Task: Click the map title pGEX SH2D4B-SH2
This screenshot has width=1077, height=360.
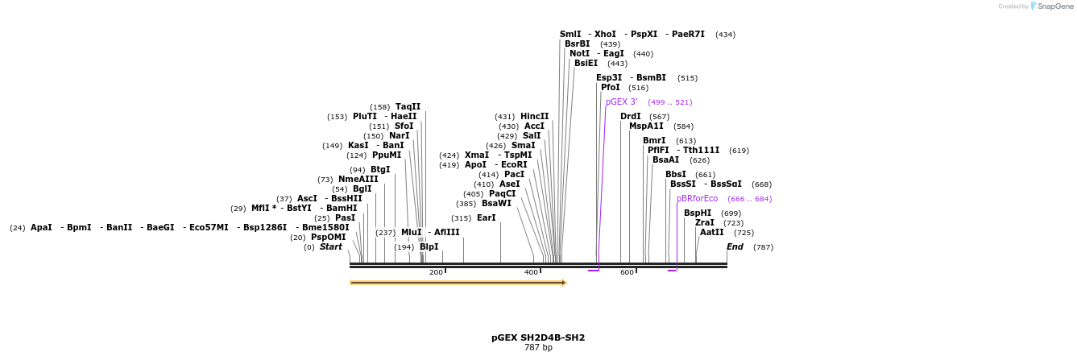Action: [538, 337]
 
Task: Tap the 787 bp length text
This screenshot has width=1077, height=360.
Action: [538, 348]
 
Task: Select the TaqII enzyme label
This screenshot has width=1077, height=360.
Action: [408, 106]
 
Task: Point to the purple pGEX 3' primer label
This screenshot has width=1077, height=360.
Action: [622, 102]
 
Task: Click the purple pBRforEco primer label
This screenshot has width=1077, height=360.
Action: [697, 198]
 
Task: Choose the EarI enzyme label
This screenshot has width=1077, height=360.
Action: [487, 217]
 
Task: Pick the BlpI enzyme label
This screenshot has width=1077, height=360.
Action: [429, 246]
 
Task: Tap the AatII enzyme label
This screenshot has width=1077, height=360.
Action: [711, 232]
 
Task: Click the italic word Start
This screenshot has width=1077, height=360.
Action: [330, 246]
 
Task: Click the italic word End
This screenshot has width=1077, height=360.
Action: [735, 246]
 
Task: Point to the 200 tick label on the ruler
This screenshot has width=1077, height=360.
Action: [436, 272]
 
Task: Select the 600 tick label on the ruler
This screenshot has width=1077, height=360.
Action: [627, 272]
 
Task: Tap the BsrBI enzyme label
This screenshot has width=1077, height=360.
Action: [577, 43]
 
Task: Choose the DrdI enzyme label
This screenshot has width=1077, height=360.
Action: [630, 116]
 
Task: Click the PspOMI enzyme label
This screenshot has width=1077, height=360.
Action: [328, 237]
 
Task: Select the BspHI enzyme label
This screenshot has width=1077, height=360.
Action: [697, 213]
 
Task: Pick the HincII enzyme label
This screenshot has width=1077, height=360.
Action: [534, 116]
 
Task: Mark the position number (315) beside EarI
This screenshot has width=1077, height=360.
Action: [461, 218]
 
